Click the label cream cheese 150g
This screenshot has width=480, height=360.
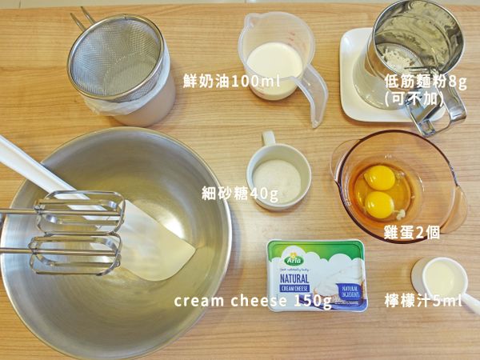pyautogui.click(x=253, y=301)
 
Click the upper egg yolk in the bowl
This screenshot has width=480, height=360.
pyautogui.click(x=380, y=177)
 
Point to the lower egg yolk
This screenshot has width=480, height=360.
pyautogui.click(x=380, y=205)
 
